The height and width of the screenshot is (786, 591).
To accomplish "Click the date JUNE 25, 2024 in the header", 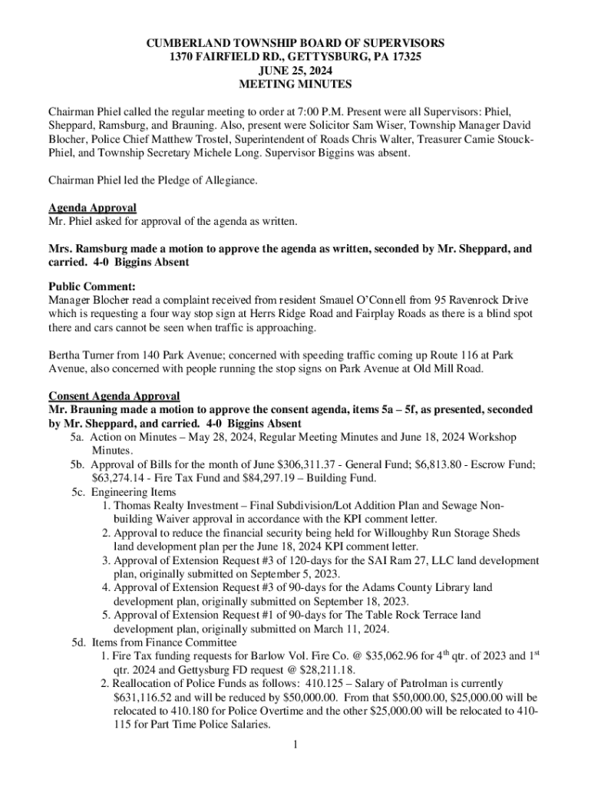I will (295, 71).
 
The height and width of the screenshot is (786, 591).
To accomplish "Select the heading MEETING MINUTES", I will (295, 84).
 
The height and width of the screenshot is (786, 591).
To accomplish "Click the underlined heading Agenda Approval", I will (93, 208).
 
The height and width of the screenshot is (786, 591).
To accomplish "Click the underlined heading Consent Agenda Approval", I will (114, 396).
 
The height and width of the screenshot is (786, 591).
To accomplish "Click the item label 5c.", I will (78, 492).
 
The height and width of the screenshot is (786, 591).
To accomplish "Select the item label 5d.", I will (78, 642).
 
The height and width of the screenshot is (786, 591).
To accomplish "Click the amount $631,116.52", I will (134, 698).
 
